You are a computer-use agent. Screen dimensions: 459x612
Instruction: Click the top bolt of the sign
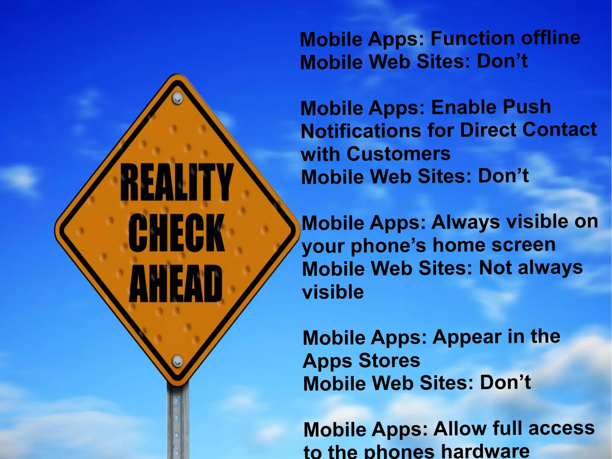[178, 98]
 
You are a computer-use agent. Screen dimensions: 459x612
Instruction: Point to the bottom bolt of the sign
[178, 361]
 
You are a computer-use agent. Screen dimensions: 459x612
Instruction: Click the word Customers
[398, 154]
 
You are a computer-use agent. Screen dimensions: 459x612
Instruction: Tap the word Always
[466, 223]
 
